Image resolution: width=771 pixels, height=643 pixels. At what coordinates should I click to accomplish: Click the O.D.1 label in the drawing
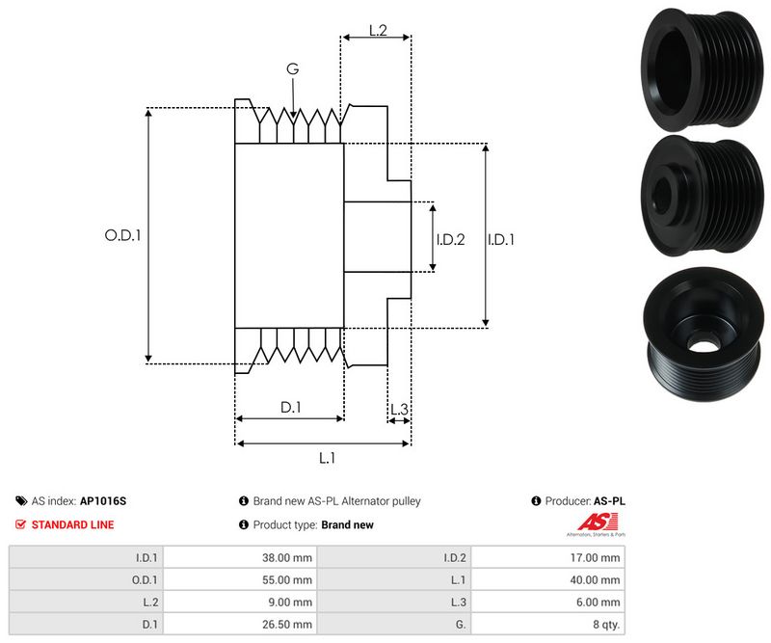pyautogui.click(x=122, y=234)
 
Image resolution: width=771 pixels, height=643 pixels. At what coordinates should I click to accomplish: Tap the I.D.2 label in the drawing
pyautogui.click(x=450, y=239)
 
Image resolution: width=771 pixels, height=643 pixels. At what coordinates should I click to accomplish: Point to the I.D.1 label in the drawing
pyautogui.click(x=501, y=239)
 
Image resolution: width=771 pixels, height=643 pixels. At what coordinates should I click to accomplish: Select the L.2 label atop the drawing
pyautogui.click(x=378, y=31)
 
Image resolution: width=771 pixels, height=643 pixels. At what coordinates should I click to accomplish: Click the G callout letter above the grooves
pyautogui.click(x=292, y=68)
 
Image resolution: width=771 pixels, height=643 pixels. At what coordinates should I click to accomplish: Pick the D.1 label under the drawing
pyautogui.click(x=290, y=408)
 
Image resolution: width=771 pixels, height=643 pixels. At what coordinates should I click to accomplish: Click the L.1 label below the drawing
pyautogui.click(x=327, y=458)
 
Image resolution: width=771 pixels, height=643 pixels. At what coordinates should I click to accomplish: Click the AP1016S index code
pyautogui.click(x=102, y=501)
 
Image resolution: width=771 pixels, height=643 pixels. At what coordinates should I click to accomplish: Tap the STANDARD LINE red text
pyautogui.click(x=72, y=524)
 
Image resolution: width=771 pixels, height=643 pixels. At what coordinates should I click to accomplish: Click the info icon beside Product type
pyautogui.click(x=244, y=525)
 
